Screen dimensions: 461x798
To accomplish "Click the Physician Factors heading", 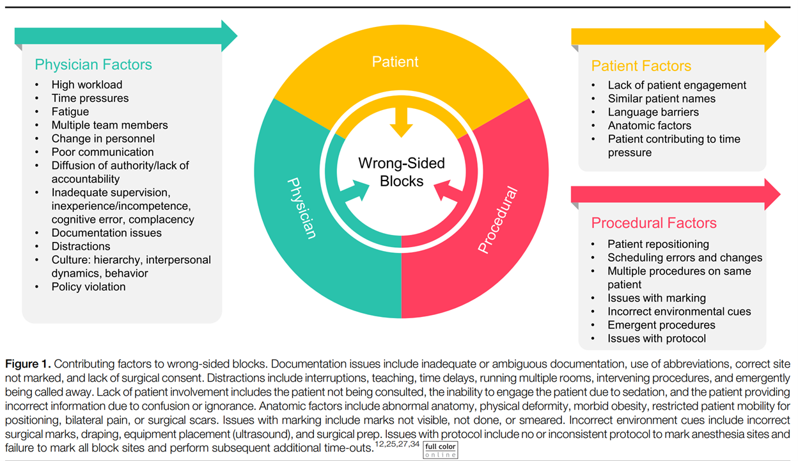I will (93, 65).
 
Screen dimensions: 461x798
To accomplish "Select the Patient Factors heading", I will (641, 66).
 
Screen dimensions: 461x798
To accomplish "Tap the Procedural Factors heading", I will (653, 223).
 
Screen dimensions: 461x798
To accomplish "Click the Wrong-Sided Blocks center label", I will (401, 172).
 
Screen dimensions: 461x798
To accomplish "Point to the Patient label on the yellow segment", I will (395, 62).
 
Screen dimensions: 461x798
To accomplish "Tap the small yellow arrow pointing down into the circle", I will (401, 122).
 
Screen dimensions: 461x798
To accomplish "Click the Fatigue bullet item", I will (70, 111).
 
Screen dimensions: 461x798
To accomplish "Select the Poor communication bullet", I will (102, 152).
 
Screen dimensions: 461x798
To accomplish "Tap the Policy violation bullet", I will (88, 287).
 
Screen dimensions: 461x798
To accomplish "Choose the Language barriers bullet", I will (653, 112).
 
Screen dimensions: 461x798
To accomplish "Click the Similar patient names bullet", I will (661, 99).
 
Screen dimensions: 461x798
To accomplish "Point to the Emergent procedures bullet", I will (661, 325).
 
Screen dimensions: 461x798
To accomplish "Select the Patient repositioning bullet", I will (658, 244).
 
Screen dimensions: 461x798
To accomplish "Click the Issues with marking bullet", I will (657, 298).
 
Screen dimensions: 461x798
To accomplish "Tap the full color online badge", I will (441, 450).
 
